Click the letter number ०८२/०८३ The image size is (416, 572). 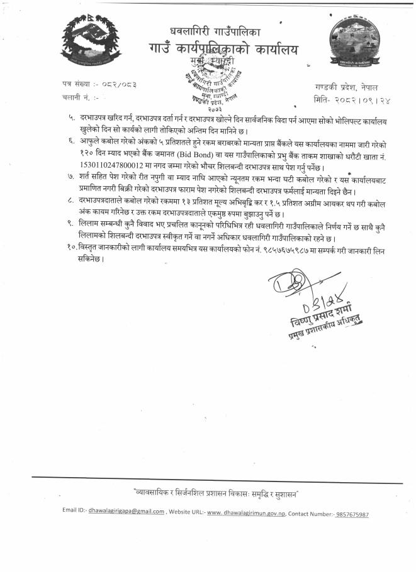(117, 84)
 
